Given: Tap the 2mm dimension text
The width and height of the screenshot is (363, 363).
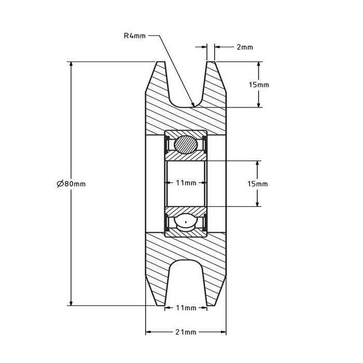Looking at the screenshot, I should pos(244,47).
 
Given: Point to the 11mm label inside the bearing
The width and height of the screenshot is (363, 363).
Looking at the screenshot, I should pos(186,183).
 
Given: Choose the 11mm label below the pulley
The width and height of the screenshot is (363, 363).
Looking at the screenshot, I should pos(186,308).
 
